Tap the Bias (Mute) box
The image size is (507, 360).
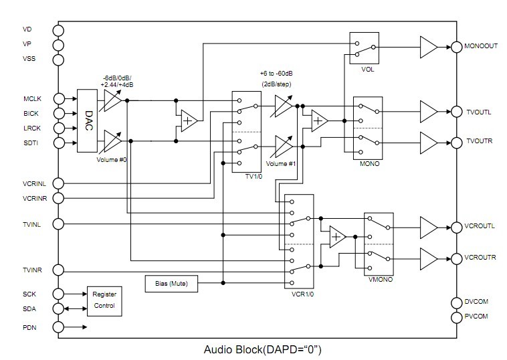click(x=171, y=283)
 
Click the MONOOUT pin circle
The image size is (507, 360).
click(x=458, y=47)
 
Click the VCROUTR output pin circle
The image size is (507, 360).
click(x=458, y=258)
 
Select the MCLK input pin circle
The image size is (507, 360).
click(x=58, y=99)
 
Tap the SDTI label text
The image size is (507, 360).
click(x=31, y=143)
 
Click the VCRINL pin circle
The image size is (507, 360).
click(x=58, y=183)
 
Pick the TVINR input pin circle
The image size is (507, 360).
click(x=58, y=270)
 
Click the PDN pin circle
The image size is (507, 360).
click(x=58, y=327)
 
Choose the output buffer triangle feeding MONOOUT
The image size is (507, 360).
click(x=427, y=47)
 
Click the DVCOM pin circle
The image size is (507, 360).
click(x=458, y=302)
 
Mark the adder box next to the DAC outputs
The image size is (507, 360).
click(x=189, y=121)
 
